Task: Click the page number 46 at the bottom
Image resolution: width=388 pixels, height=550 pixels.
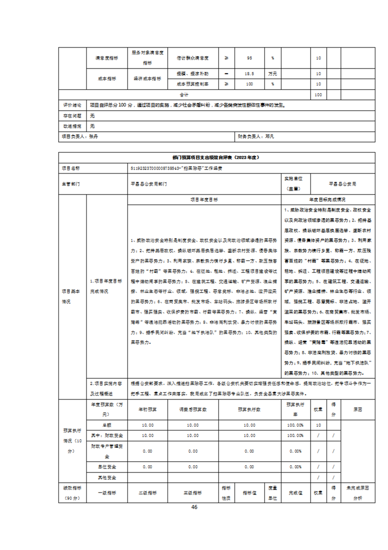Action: click(x=194, y=507)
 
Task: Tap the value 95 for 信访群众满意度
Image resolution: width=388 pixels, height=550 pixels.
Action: click(x=249, y=58)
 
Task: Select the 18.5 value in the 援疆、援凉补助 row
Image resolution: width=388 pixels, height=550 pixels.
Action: click(x=249, y=74)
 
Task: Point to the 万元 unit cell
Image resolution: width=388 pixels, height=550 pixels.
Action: click(x=272, y=74)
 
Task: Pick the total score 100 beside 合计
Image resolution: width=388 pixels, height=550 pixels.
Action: click(x=318, y=94)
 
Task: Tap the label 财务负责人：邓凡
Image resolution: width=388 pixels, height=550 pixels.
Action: click(x=256, y=136)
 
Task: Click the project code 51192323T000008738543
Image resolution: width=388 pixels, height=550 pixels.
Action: click(x=153, y=168)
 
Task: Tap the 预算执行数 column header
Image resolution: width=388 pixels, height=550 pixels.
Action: click(x=249, y=408)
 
